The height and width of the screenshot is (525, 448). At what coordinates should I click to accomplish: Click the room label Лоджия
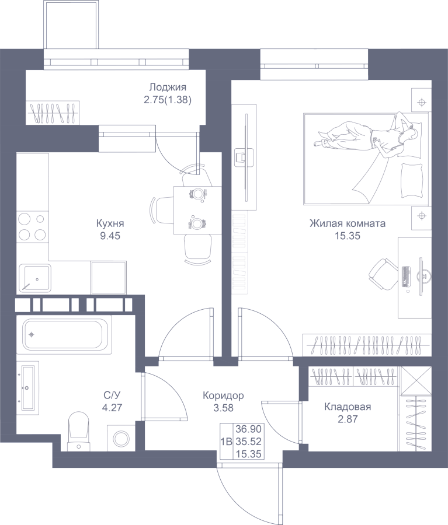(x=168, y=87)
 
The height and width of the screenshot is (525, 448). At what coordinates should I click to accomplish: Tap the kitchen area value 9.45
(x=110, y=236)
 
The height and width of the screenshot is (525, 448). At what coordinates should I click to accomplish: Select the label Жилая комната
(x=348, y=223)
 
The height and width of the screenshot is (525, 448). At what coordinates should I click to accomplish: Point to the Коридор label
(x=223, y=395)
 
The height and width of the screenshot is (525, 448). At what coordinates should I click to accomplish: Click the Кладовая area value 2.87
(x=348, y=419)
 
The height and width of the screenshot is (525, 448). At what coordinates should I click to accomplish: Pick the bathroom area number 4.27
(x=112, y=408)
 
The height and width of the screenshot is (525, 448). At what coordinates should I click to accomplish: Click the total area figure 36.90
(x=248, y=429)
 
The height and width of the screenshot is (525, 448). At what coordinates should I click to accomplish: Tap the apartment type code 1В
(x=227, y=442)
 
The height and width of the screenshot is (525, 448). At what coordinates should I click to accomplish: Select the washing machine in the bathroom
(x=121, y=438)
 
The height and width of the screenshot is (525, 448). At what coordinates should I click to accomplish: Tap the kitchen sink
(x=35, y=278)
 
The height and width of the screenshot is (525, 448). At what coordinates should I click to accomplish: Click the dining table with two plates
(x=197, y=210)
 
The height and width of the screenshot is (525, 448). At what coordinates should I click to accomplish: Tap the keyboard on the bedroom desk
(x=406, y=276)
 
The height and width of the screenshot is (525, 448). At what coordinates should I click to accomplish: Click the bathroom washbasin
(x=28, y=388)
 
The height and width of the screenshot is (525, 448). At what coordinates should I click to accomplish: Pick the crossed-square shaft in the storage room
(x=416, y=381)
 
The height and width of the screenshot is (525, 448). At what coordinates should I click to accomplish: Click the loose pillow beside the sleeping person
(x=411, y=180)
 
